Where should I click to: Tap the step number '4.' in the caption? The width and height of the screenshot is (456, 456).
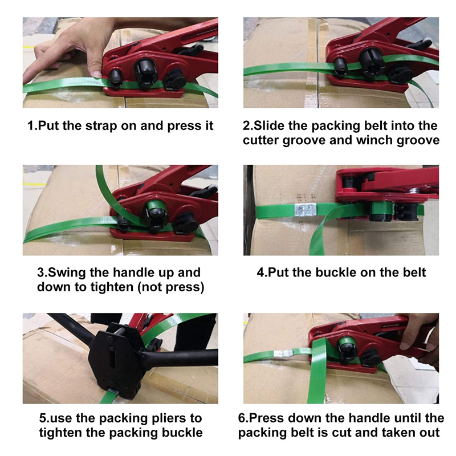262,273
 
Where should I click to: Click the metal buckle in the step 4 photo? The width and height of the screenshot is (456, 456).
305,209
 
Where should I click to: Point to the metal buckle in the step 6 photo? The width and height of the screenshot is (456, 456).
283,353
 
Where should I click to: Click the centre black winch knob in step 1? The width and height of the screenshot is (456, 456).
145,72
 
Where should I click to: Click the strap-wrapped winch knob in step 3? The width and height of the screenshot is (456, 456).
156,215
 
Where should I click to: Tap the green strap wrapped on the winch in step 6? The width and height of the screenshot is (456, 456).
347,342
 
